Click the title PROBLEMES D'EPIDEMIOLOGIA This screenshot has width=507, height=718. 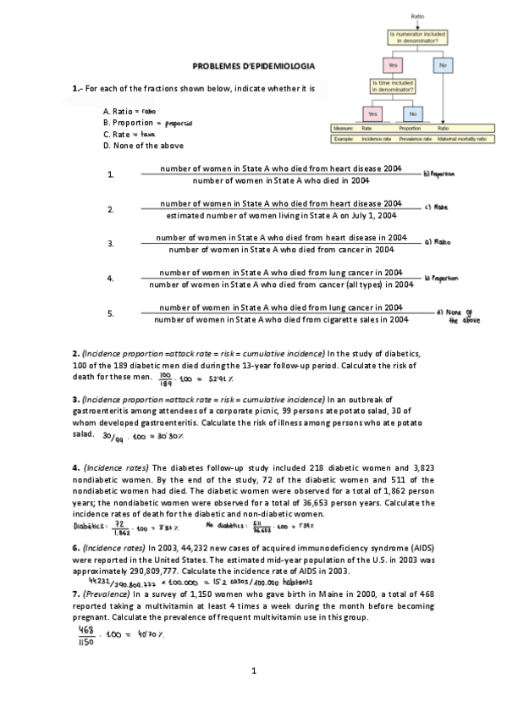(x=253, y=65)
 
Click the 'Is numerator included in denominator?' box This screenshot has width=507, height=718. (x=417, y=36)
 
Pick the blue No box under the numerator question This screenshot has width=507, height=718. (x=442, y=64)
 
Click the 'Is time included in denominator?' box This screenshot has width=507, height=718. (x=393, y=87)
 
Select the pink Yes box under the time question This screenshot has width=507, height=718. (x=372, y=113)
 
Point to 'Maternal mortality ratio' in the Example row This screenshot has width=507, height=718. (x=466, y=138)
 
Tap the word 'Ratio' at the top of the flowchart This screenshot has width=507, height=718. (x=417, y=15)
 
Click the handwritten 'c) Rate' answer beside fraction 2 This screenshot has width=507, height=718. (x=436, y=207)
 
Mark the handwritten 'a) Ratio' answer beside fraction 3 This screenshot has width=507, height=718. (x=438, y=241)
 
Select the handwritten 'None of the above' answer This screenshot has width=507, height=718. (x=440, y=316)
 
